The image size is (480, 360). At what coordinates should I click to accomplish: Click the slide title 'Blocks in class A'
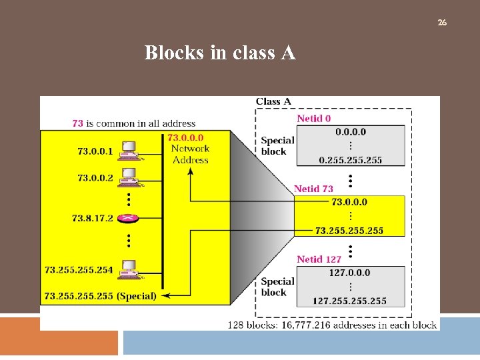(220, 53)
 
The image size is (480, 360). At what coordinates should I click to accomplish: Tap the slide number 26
(442, 23)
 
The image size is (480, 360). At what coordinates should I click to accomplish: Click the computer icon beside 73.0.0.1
(127, 151)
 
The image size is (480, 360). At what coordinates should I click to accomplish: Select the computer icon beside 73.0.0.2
(127, 177)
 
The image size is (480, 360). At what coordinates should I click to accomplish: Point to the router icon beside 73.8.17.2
(127, 218)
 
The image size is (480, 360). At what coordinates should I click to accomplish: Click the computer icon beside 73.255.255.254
(127, 269)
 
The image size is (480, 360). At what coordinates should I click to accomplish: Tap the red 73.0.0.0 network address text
(186, 138)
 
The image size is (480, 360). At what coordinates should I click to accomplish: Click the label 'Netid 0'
(314, 119)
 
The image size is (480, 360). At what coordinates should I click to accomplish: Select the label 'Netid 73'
(313, 189)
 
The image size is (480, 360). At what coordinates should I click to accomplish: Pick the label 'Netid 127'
(319, 259)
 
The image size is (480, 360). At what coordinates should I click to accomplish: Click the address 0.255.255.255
(351, 160)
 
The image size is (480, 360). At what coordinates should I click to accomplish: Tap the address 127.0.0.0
(349, 273)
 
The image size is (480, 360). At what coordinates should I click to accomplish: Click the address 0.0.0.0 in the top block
(351, 131)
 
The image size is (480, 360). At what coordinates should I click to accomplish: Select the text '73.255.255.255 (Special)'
(100, 295)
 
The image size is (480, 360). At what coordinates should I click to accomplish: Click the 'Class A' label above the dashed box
(273, 101)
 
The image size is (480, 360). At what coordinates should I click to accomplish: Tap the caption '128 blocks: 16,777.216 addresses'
(332, 325)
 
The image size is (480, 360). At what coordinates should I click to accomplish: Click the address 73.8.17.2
(93, 218)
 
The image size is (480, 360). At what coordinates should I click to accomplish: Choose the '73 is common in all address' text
(133, 123)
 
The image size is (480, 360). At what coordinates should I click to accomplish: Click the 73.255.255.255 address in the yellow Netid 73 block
(349, 230)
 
